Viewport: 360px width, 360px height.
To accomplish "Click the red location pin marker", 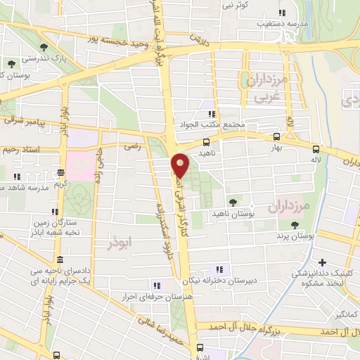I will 181,165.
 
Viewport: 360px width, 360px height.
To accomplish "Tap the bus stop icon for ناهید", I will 206,142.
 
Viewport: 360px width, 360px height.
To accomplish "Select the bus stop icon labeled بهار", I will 276,137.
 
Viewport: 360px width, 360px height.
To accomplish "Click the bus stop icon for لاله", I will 316,149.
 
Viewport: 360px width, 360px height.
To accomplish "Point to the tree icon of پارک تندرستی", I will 44,48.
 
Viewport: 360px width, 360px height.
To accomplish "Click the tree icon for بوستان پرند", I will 294,225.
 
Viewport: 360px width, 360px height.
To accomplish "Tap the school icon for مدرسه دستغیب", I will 282,13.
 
